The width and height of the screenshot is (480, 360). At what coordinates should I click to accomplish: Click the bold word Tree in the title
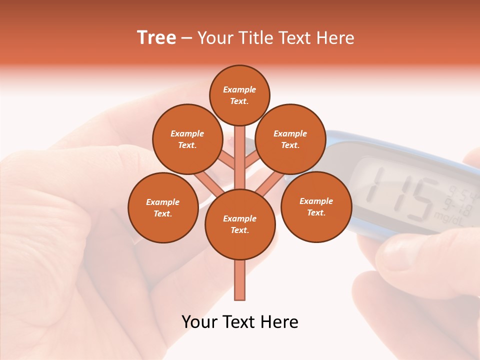click(x=156, y=38)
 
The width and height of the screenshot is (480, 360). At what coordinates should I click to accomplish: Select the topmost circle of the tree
click(x=239, y=95)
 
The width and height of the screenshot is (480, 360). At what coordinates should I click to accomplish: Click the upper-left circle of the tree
click(x=187, y=139)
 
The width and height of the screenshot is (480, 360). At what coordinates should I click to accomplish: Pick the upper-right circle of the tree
click(x=290, y=139)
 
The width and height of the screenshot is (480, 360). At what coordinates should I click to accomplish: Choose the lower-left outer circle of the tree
click(x=163, y=207)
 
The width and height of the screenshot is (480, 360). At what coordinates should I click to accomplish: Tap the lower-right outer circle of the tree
click(x=316, y=206)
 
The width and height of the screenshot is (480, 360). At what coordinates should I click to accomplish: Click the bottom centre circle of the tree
click(x=240, y=224)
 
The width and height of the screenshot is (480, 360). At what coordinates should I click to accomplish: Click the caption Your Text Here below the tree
click(x=240, y=322)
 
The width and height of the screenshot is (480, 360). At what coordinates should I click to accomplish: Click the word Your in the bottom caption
click(x=200, y=322)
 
